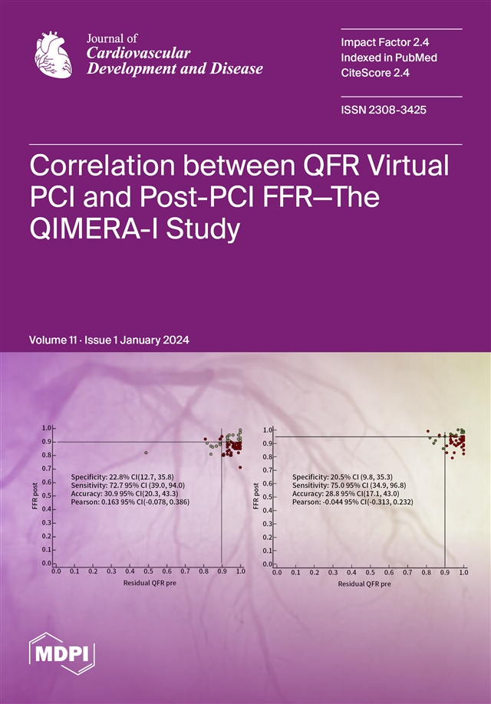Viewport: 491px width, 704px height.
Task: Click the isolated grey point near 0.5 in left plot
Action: (145, 452)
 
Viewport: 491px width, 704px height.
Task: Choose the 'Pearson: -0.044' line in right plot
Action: (352, 502)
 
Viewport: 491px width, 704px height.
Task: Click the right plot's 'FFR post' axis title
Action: (256, 495)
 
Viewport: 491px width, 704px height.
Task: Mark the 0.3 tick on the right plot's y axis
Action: (268, 525)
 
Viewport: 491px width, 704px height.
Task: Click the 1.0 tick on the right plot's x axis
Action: (463, 572)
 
